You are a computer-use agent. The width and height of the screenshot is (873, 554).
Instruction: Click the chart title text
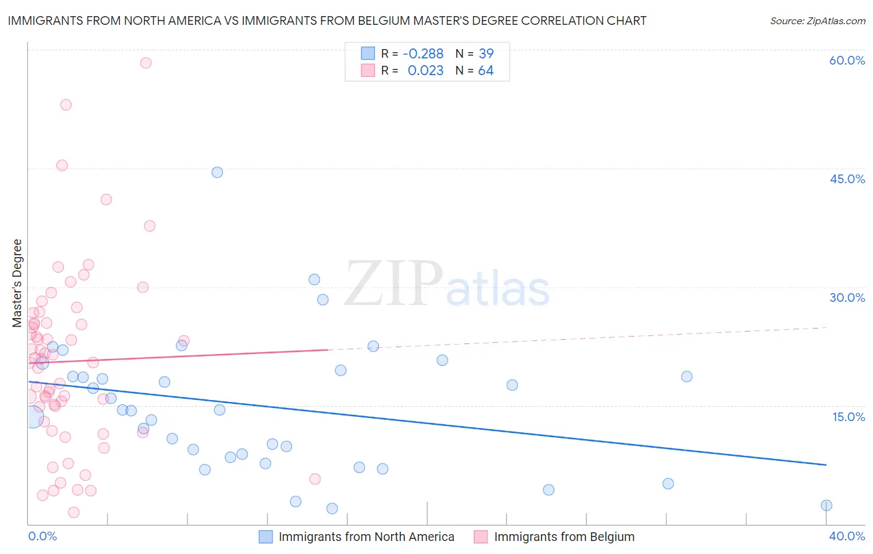point(327,20)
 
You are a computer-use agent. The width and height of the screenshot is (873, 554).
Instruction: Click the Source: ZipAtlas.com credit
point(817,20)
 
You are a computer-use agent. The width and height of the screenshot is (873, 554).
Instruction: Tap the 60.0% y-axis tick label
point(847,60)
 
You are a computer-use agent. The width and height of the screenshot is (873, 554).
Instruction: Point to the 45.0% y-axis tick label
point(847,179)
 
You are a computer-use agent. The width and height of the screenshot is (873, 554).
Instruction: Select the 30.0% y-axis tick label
point(847,297)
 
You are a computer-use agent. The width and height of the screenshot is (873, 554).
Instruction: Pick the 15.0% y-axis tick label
point(848,417)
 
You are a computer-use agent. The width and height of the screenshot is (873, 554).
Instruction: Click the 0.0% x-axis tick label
point(42,536)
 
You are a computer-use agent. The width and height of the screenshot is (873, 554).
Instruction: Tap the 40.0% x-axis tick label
point(847,536)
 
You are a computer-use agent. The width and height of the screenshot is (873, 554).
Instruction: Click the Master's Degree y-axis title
point(17,283)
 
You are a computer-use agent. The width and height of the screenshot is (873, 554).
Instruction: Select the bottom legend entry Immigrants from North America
point(366,537)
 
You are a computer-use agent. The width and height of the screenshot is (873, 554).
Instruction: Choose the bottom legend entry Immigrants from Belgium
point(564,537)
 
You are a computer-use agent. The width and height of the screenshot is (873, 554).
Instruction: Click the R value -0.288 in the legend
point(423,54)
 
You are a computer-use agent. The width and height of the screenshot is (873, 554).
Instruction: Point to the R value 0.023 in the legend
point(425,71)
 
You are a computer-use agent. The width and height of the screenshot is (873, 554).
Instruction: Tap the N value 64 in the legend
point(486,71)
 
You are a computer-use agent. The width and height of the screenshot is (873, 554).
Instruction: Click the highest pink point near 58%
point(146,63)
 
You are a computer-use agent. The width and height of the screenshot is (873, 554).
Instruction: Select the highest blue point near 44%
point(217,172)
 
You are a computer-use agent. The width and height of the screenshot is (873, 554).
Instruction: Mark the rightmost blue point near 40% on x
point(826,506)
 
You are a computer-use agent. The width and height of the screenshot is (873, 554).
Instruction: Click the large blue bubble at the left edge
point(33,417)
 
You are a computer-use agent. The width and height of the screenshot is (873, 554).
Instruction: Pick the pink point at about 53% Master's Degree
point(66,105)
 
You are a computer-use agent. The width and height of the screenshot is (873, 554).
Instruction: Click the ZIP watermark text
point(394,284)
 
